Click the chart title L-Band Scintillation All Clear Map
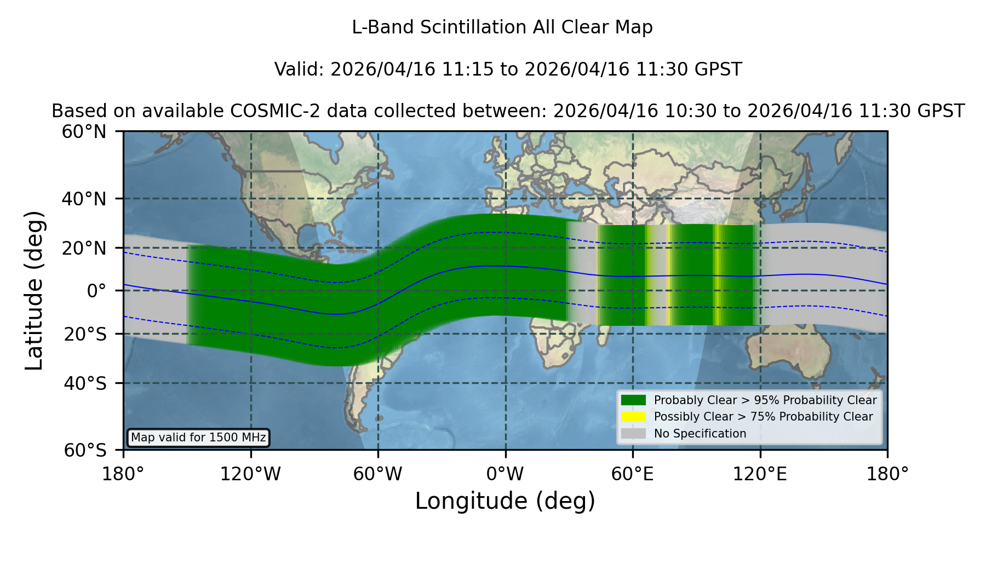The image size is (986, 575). click(x=502, y=27)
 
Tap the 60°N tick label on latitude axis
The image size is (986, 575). click(x=84, y=132)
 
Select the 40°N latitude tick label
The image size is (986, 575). click(x=84, y=199)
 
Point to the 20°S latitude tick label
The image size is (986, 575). click(x=85, y=334)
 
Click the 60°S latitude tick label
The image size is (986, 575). click(x=85, y=450)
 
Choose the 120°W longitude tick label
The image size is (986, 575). click(x=250, y=474)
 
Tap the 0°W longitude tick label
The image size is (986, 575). click(x=506, y=474)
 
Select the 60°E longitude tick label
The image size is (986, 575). click(x=633, y=474)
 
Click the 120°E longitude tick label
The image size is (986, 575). click(x=760, y=474)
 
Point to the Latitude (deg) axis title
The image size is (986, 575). click(x=35, y=290)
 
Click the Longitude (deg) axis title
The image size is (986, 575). click(x=505, y=501)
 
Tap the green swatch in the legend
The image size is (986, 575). click(x=633, y=400)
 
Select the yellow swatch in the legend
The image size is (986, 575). click(x=633, y=417)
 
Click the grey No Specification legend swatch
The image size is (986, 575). click(x=633, y=434)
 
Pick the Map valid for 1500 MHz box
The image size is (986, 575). click(x=198, y=438)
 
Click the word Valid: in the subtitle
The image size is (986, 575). click(x=300, y=70)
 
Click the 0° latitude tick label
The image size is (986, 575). click(x=96, y=291)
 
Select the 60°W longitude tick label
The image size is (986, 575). click(x=378, y=474)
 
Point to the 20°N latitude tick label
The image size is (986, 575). click(x=84, y=248)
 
